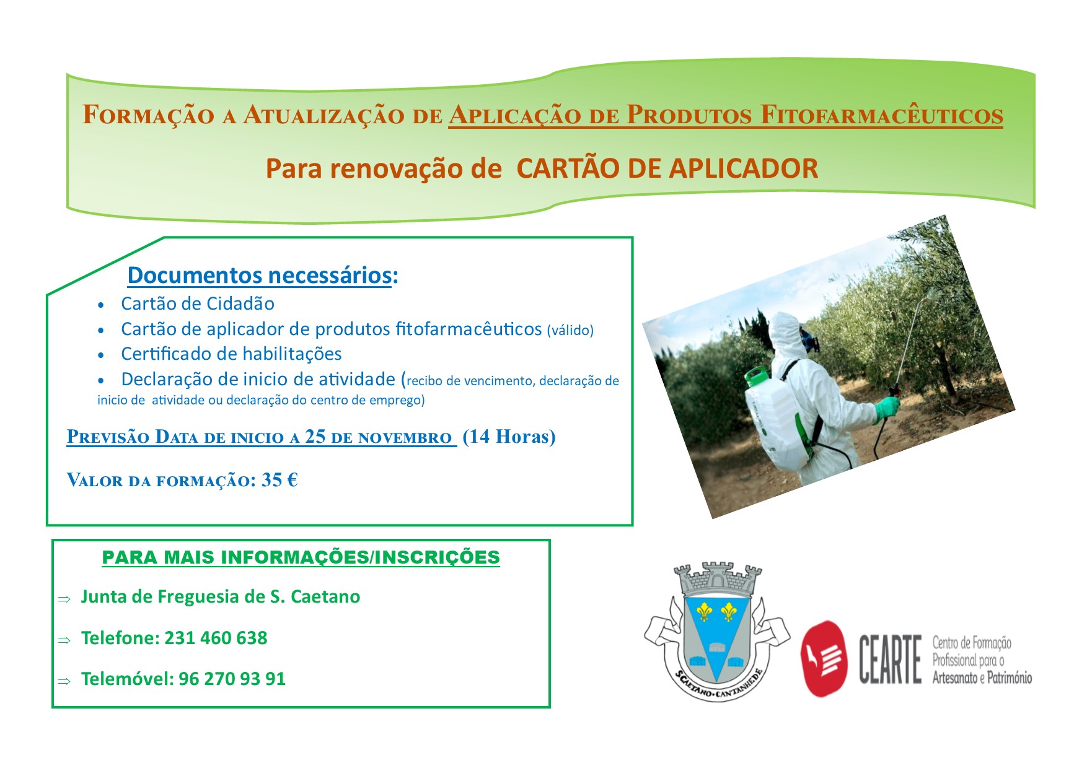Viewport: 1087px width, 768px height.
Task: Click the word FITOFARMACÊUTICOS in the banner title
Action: [881, 115]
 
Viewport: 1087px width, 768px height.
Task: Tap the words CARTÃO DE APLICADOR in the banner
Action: [667, 168]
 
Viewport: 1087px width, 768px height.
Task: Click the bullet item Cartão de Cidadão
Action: [198, 303]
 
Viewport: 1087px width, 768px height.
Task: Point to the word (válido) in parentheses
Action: [570, 330]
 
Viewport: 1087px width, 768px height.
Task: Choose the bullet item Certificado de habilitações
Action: [231, 354]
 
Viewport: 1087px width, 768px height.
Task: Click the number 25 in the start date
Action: [315, 436]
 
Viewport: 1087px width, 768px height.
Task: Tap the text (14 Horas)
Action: [509, 437]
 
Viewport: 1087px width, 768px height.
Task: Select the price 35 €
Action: [279, 480]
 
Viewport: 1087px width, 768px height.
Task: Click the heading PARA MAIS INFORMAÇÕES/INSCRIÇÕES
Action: [301, 557]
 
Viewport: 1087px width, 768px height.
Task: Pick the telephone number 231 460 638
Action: [216, 638]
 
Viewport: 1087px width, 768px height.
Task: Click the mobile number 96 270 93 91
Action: [232, 679]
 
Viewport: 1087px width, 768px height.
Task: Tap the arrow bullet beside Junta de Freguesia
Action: [64, 600]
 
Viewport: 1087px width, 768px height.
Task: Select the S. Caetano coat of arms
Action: [717, 632]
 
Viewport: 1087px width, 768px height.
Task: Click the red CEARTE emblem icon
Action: [824, 658]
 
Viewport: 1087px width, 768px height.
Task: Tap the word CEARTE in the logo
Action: [890, 660]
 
